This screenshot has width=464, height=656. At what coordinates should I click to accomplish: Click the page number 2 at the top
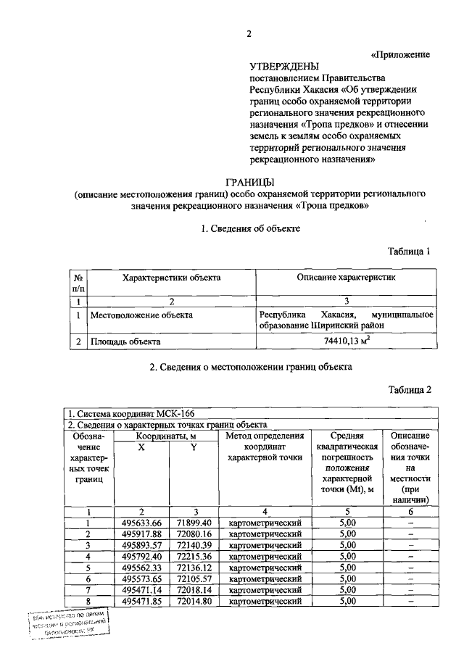(248, 33)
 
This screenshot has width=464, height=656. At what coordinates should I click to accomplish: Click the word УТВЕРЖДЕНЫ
(281, 66)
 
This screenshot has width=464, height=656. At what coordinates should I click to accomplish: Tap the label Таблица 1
(410, 252)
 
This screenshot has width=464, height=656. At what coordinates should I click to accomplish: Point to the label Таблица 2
(410, 389)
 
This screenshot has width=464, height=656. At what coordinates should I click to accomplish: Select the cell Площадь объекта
(125, 341)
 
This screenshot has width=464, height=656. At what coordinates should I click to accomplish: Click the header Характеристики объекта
(171, 278)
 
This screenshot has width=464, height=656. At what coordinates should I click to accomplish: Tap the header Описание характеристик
(346, 278)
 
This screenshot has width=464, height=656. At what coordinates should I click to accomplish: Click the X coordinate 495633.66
(141, 523)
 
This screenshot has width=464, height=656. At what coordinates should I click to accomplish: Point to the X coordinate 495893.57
(141, 545)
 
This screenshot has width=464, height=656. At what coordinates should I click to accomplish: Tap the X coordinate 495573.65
(141, 578)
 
